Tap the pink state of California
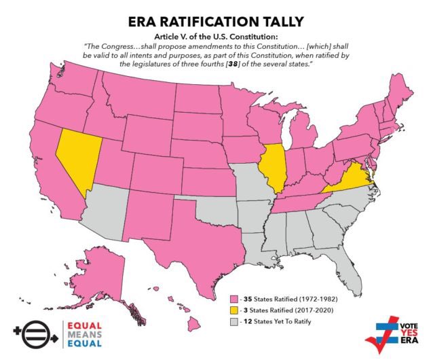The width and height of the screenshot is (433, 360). tap(51, 163)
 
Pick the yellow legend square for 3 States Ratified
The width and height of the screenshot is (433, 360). tap(236, 310)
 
